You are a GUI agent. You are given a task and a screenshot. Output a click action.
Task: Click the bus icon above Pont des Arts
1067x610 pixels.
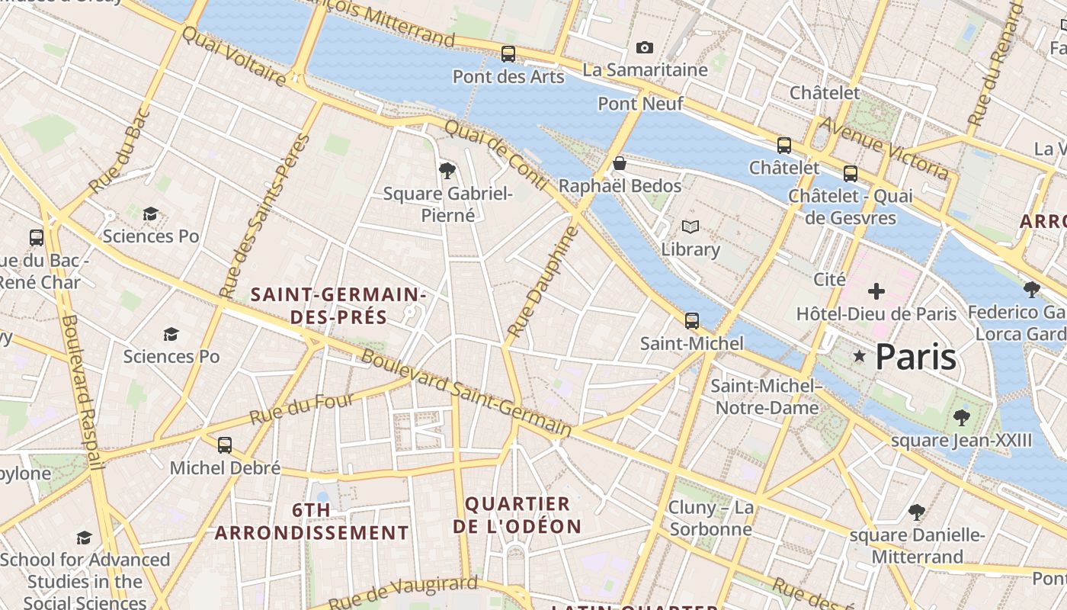pos(508,54)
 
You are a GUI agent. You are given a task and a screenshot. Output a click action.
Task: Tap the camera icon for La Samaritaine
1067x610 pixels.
pos(644,48)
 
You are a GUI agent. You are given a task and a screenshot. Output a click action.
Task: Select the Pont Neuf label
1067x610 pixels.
pos(640,104)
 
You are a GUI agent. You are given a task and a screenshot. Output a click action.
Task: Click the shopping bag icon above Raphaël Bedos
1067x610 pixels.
pos(620,163)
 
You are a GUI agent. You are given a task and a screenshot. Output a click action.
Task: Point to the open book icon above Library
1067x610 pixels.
pos(691,227)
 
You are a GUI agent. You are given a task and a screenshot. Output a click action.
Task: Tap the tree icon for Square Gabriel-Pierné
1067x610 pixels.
pos(447,170)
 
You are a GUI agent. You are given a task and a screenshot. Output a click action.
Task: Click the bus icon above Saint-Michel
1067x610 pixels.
pos(691,321)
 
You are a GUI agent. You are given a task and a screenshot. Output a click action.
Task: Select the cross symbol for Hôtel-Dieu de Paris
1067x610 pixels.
pos(876,291)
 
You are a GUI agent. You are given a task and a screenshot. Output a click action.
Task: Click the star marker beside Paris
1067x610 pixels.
pos(860,356)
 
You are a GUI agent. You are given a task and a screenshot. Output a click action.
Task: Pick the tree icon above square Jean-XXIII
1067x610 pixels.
pos(961,418)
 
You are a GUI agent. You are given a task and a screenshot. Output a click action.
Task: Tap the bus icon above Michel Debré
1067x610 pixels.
pos(225,445)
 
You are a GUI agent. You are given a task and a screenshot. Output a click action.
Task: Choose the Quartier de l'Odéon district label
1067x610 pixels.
pos(517,515)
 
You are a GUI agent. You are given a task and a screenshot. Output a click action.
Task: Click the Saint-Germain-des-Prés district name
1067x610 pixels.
pos(338,305)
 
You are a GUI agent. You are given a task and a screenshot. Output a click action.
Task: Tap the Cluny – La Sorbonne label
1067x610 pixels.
pos(710,518)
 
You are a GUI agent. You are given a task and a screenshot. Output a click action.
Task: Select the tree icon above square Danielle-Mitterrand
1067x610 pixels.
pos(917,512)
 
